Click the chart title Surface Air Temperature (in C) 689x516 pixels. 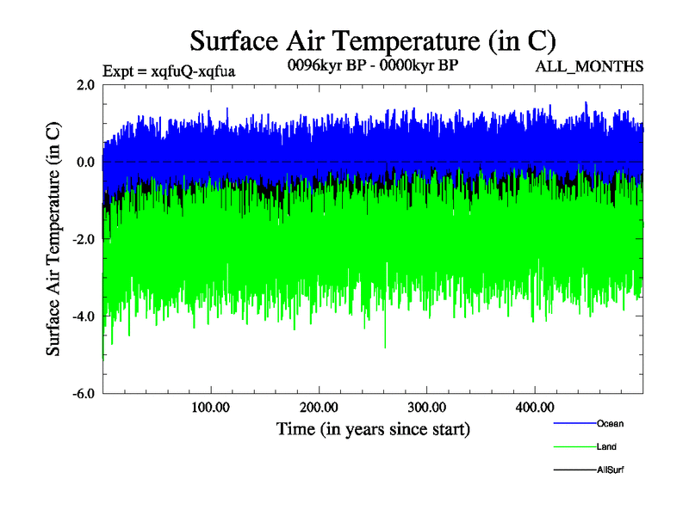click(372, 40)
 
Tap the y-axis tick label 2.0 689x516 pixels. click(86, 85)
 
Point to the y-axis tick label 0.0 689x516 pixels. click(86, 163)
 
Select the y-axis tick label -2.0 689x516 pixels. click(84, 240)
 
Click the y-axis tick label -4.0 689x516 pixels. click(84, 316)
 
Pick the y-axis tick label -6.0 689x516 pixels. click(84, 394)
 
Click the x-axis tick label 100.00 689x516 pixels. click(210, 407)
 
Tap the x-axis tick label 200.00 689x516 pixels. click(319, 407)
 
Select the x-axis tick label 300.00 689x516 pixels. click(426, 407)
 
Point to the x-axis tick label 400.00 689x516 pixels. click(534, 407)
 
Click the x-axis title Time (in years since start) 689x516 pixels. click(373, 428)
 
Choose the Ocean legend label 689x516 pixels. click(610, 423)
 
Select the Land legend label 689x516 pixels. click(606, 446)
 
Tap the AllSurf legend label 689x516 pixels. click(610, 470)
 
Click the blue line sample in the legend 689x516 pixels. click(573, 423)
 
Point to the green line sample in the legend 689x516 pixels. click(573, 446)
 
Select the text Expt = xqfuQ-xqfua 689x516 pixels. click(169, 71)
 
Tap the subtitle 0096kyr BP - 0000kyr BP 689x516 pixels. click(371, 66)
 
